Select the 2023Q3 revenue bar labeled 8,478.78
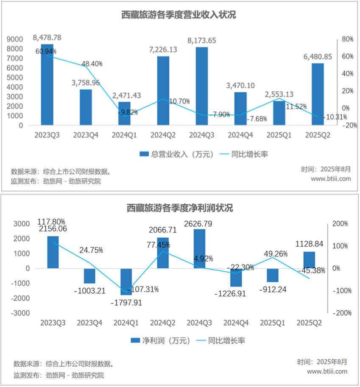[x=47, y=85]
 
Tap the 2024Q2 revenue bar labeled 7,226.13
[x=163, y=91]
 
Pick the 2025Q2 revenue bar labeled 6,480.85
[x=318, y=94]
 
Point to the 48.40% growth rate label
[x=92, y=64]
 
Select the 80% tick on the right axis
[x=348, y=39]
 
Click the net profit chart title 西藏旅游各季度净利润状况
[x=180, y=208]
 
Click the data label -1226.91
[x=235, y=294]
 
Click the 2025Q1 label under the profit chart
[x=272, y=323]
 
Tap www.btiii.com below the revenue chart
[x=331, y=178]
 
